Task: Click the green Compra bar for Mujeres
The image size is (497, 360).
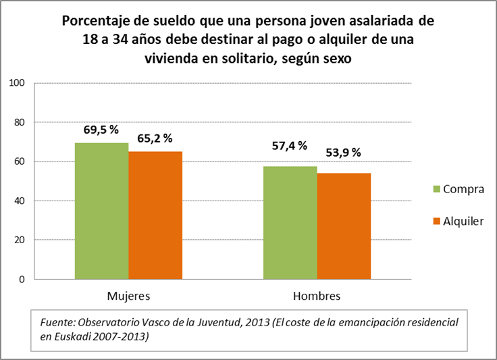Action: (x=101, y=211)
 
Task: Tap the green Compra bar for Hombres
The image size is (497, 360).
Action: (x=290, y=222)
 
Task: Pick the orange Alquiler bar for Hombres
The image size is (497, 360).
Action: (x=344, y=226)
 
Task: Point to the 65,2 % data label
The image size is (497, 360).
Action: (x=155, y=138)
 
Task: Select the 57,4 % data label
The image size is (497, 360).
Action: (x=289, y=145)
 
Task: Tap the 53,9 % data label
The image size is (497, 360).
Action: (x=343, y=152)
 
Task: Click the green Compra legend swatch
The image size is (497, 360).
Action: (x=436, y=189)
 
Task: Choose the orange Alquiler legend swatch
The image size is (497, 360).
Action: (x=436, y=221)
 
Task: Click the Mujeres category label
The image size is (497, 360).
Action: (x=128, y=297)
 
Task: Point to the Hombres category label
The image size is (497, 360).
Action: (x=317, y=297)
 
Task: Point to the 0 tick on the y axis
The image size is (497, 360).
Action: (x=22, y=279)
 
